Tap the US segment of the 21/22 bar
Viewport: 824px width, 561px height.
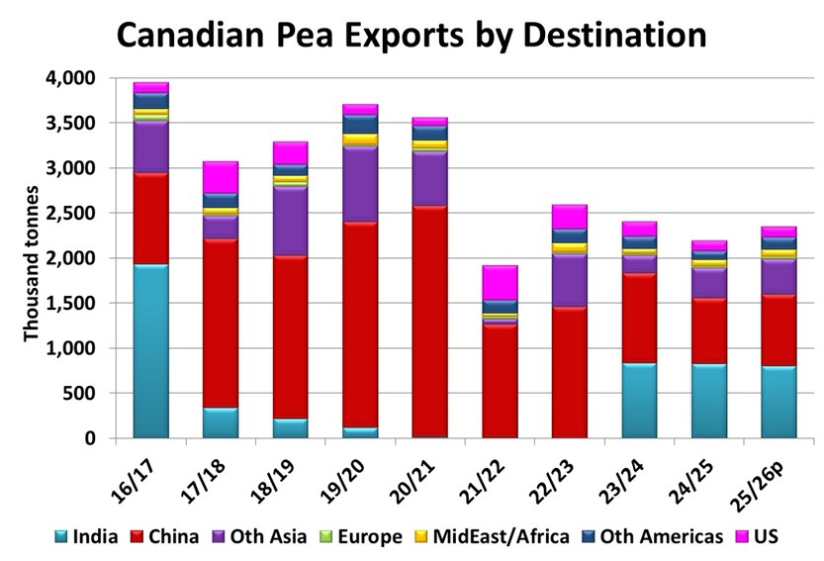tap(500, 282)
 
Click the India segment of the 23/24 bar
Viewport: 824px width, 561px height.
tap(639, 400)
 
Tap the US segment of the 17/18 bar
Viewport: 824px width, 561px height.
tap(221, 177)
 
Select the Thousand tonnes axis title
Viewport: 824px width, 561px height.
tap(32, 261)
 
